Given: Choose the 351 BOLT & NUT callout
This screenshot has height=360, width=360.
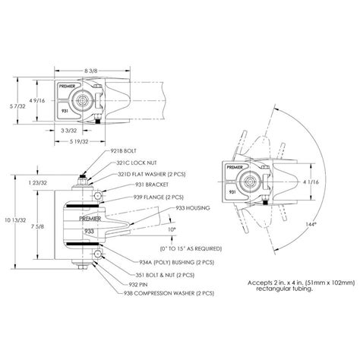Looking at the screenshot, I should tap(144, 272).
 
